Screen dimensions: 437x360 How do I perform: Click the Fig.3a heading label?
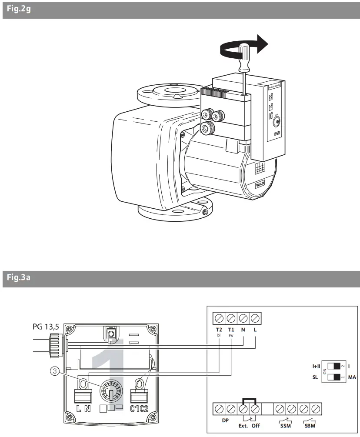pos(18,278)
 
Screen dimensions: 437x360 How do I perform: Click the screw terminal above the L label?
pos(256,318)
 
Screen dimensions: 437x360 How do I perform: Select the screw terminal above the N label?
pos(243,318)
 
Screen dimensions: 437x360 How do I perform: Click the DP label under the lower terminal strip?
pos(225,420)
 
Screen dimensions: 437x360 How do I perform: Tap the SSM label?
pos(285,426)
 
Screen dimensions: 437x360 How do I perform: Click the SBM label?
pos(310,426)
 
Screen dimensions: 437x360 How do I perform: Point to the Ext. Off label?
pos(249,426)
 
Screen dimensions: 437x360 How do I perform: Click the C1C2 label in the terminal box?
pos(140,408)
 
